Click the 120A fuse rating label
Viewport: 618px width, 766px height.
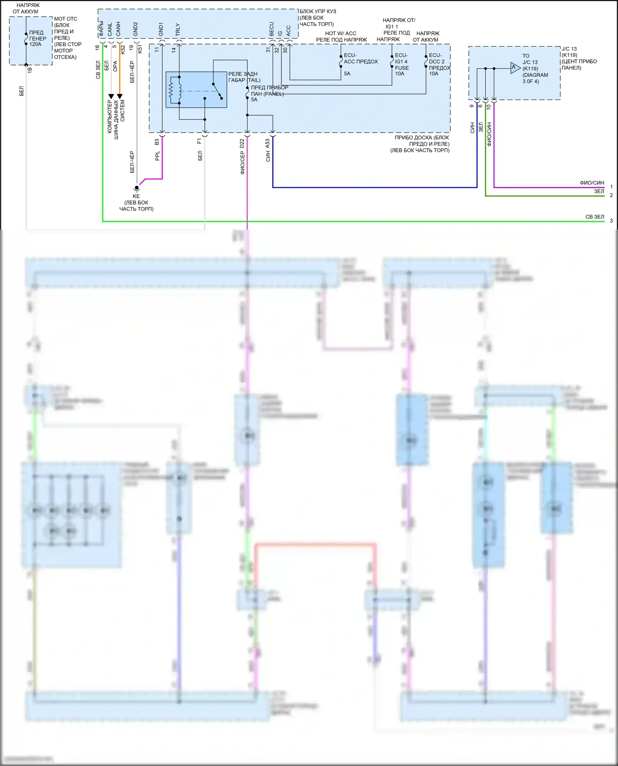click(35, 44)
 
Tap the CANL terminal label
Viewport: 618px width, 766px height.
click(110, 29)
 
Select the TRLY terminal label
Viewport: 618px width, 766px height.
click(178, 29)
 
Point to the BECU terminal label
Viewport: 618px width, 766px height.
click(272, 28)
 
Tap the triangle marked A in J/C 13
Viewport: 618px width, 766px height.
click(515, 68)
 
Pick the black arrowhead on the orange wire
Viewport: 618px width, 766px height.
click(120, 96)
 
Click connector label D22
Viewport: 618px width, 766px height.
click(242, 144)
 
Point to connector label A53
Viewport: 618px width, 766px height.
click(268, 144)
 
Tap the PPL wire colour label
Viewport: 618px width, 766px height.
click(157, 156)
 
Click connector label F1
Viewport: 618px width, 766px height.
click(200, 141)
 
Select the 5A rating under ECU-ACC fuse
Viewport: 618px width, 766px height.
click(347, 74)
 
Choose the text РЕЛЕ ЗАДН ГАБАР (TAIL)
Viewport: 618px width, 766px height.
click(244, 77)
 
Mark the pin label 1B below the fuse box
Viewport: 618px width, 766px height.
click(30, 70)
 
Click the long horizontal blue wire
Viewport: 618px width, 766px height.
click(371, 187)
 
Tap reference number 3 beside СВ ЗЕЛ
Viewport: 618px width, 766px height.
click(611, 221)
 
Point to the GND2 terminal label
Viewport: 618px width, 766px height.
click(136, 29)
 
